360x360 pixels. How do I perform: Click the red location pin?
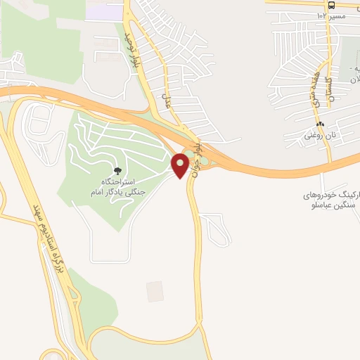coord(180,165)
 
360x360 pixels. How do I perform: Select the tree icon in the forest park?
coord(117,171)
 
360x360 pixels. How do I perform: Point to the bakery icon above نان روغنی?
coord(321,124)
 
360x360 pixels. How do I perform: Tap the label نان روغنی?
coord(319,135)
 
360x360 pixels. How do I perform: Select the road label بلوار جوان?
coord(198,163)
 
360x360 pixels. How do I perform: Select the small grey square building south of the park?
coord(155,291)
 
